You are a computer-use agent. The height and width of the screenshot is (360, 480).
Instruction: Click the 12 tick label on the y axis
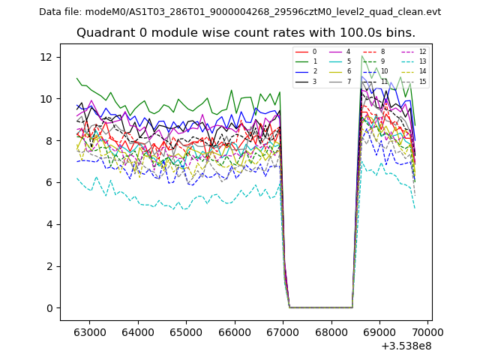46,57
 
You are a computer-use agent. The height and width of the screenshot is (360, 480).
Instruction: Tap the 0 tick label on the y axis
49,308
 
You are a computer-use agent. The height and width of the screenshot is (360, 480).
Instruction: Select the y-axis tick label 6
49,182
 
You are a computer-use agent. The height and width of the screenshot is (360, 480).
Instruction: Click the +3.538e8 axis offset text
407,346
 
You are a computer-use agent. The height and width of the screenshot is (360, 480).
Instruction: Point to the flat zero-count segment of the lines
321,307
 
